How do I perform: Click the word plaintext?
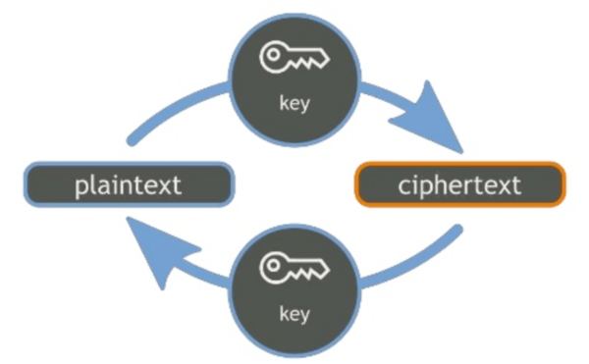(128, 185)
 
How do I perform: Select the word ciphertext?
(459, 185)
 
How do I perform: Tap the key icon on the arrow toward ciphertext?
(294, 57)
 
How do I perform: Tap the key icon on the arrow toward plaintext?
(294, 268)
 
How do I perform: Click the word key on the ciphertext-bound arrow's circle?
(294, 104)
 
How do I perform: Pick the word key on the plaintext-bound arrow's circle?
(294, 315)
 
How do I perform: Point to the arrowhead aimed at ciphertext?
(428, 118)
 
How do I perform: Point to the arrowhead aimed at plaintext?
(161, 251)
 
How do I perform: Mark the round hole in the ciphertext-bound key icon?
(273, 55)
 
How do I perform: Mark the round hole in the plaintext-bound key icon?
(273, 266)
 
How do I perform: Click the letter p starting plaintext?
(81, 188)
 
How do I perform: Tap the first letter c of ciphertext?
(404, 186)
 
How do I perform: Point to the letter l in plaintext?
(94, 184)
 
